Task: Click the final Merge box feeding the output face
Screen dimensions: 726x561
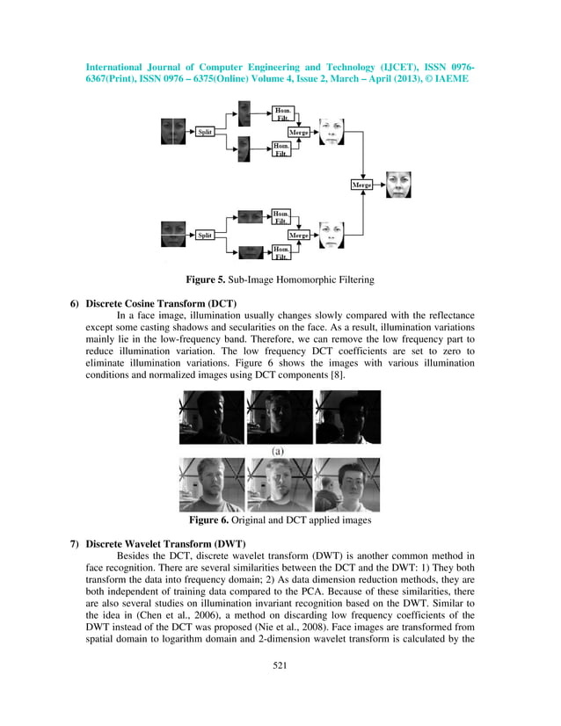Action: coord(361,185)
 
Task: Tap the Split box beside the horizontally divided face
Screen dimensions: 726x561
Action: coord(205,235)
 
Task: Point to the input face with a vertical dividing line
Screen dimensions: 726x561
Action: coord(172,131)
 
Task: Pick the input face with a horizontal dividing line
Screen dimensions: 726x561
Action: coord(172,235)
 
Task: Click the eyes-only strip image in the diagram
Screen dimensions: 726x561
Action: coord(251,216)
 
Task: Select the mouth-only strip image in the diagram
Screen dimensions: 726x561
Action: coord(251,253)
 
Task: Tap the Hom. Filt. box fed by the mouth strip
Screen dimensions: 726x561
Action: coord(281,254)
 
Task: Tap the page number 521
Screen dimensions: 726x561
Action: coord(280,691)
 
